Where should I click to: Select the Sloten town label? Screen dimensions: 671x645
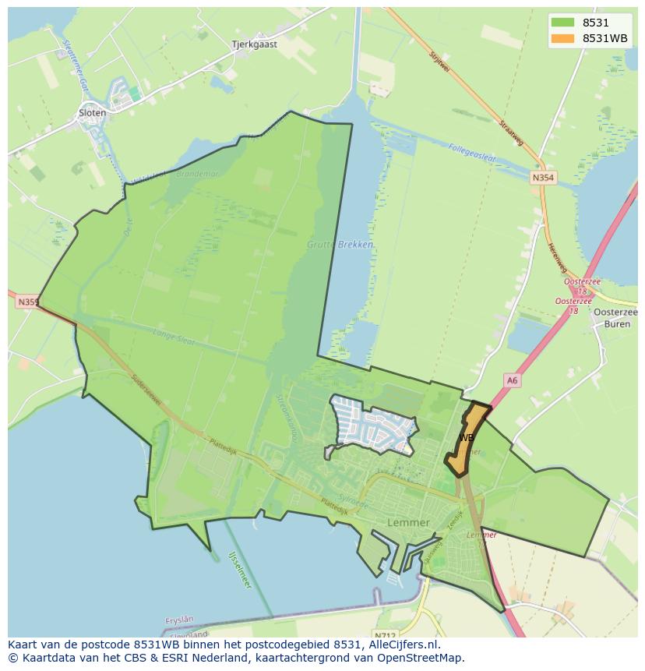point(92,113)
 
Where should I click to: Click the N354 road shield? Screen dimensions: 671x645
point(543,178)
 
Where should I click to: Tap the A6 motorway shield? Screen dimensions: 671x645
point(511,380)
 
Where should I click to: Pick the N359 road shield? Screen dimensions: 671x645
point(26,302)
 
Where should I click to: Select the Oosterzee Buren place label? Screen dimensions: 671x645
point(616,317)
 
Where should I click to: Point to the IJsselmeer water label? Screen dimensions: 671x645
point(240,568)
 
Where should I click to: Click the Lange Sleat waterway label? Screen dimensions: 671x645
point(176,336)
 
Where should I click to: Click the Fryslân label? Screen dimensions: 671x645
point(180,620)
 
